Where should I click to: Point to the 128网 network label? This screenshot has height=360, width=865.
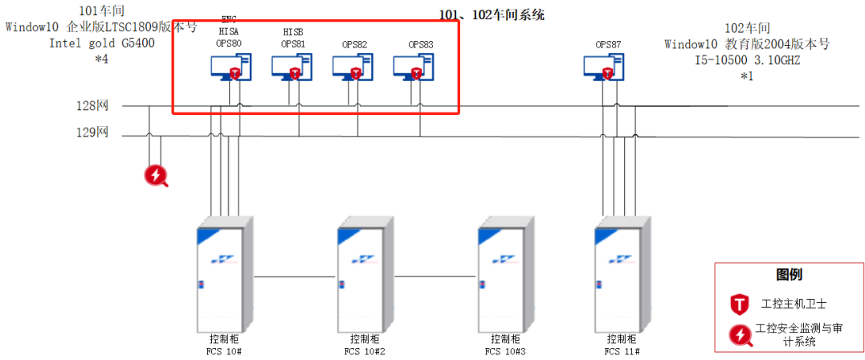(x=92, y=105)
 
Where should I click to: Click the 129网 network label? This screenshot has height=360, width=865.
(x=92, y=133)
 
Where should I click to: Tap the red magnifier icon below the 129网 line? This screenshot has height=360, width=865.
(x=156, y=175)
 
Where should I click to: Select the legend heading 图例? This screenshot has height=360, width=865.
(x=788, y=275)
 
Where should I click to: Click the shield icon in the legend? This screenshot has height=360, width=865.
(x=738, y=304)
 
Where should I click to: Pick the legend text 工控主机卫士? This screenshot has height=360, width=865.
(x=794, y=304)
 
